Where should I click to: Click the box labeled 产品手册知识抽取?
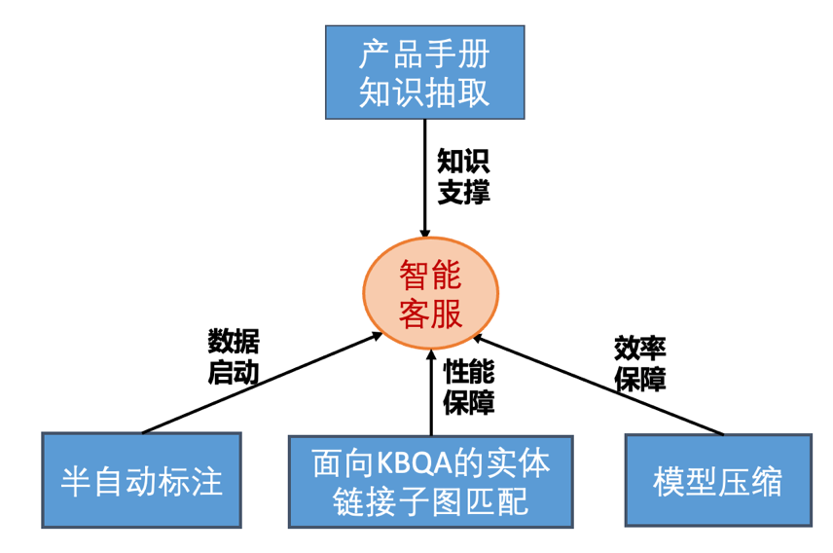click(x=423, y=72)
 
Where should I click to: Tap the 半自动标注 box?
click(x=142, y=480)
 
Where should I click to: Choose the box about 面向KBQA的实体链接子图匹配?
click(x=431, y=481)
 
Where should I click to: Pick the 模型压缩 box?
click(x=718, y=480)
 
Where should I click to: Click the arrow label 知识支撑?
click(x=463, y=176)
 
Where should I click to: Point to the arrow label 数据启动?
click(x=234, y=356)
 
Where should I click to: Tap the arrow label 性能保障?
click(x=469, y=386)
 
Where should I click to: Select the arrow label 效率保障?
click(x=639, y=362)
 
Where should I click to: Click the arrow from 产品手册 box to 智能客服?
click(x=425, y=180)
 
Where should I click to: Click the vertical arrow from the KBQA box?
click(x=431, y=389)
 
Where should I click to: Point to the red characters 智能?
click(x=431, y=277)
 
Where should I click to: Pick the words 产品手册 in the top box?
click(x=423, y=54)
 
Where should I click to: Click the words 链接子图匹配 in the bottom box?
click(x=431, y=501)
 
